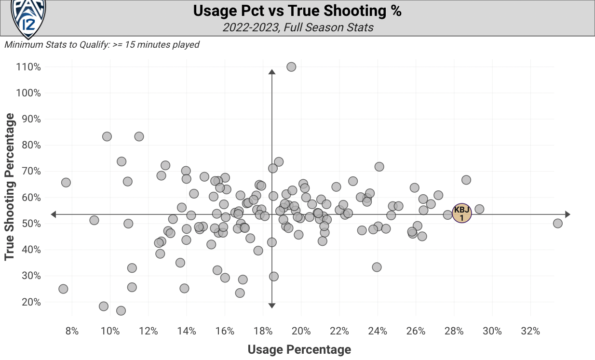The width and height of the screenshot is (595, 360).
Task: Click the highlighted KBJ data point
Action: tap(461, 213)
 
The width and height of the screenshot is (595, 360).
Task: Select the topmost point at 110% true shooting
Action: tap(291, 67)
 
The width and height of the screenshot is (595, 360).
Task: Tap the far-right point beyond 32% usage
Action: tap(557, 223)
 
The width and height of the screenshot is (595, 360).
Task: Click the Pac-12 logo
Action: tap(28, 18)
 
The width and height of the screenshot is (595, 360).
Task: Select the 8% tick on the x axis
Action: tap(72, 332)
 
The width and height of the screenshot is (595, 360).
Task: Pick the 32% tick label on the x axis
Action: tap(530, 332)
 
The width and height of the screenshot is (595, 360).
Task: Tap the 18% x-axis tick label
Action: tap(263, 332)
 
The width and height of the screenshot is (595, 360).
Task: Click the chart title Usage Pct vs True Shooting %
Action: tap(297, 11)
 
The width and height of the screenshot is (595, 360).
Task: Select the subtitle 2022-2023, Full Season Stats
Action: tap(297, 27)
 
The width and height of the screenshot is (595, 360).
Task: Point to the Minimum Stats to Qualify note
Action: tap(102, 45)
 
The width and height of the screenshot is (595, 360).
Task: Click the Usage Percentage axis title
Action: tap(299, 349)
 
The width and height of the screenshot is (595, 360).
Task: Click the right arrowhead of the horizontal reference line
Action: tap(568, 214)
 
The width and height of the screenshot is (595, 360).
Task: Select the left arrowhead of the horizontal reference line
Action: tap(54, 214)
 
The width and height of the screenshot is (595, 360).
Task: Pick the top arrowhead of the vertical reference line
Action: tap(271, 72)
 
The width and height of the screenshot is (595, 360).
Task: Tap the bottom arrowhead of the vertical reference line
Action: tap(271, 306)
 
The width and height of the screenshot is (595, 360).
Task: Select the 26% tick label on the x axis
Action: tap(416, 332)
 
